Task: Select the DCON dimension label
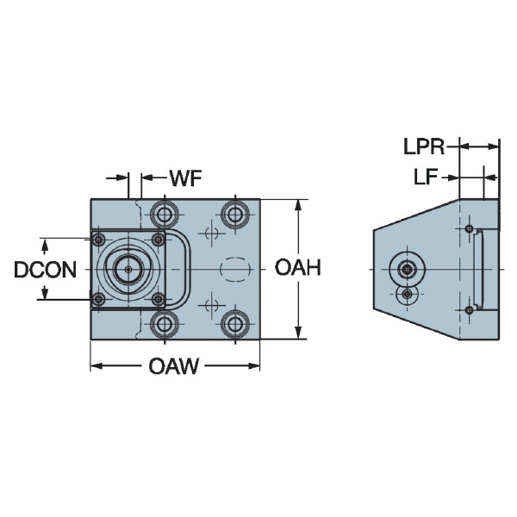pos(46,270)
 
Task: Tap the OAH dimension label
pos(297,269)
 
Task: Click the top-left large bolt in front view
pos(163,213)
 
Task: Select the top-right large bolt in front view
pos(233,213)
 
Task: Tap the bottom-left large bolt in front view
pos(163,324)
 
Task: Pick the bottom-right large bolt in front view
pos(233,324)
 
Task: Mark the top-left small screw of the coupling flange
pos(99,240)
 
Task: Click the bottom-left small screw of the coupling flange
pos(99,300)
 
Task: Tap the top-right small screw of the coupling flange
pos(158,240)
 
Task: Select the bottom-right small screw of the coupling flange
pos(158,300)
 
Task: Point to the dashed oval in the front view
pos(233,269)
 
